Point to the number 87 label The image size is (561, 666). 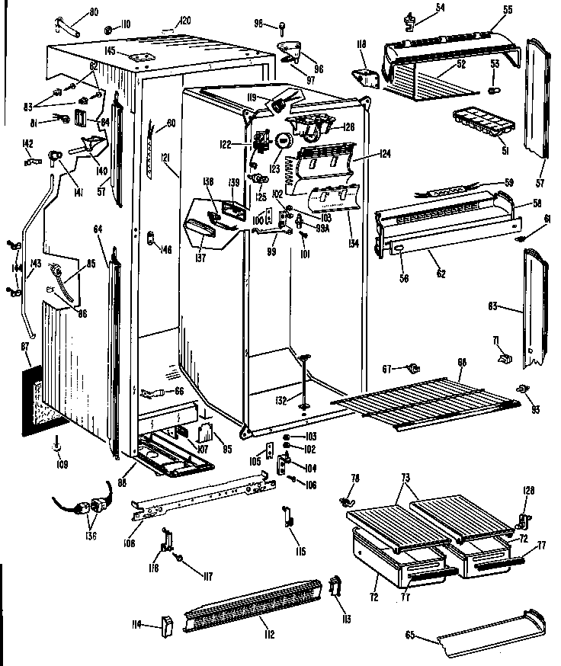[25, 347]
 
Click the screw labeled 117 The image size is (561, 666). [180, 559]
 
